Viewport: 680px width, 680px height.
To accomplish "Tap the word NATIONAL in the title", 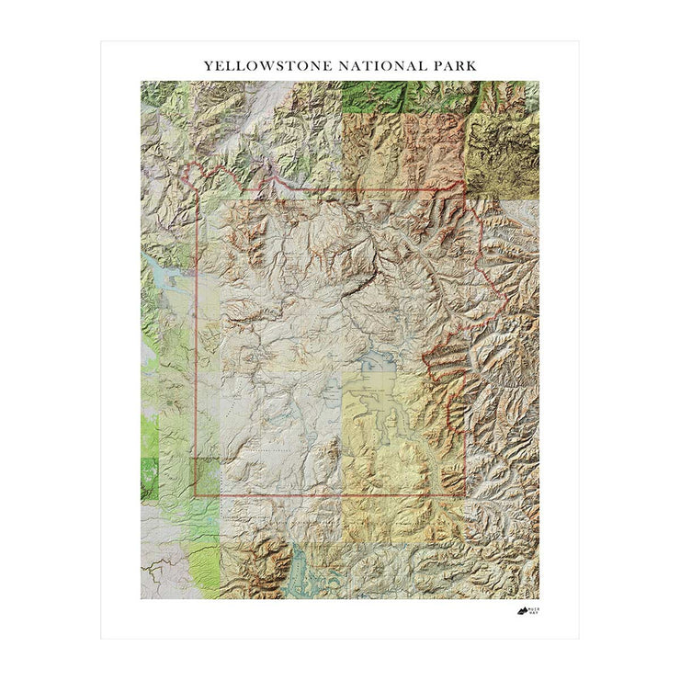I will click(377, 66).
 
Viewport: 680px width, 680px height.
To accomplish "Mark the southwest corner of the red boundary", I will click(195, 496).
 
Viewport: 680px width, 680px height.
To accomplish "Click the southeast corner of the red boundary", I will click(465, 496).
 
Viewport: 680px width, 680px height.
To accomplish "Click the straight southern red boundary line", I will click(331, 496).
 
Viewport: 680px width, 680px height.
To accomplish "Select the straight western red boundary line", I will click(196, 368).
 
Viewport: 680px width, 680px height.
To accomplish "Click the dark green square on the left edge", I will click(148, 478).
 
